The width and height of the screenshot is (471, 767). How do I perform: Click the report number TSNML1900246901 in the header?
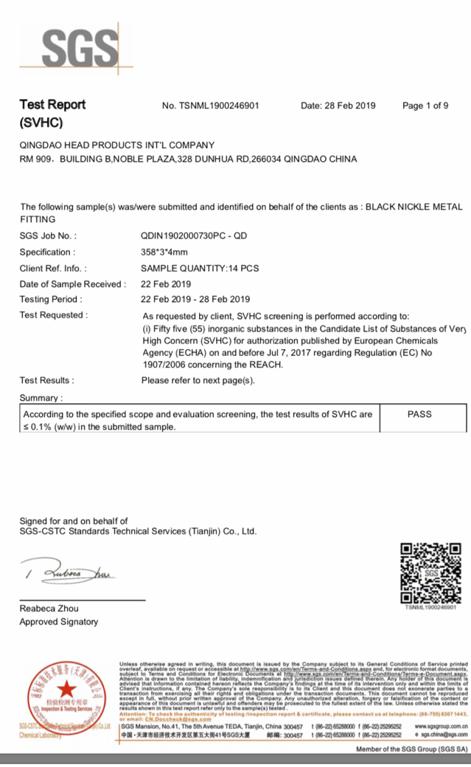coord(210,106)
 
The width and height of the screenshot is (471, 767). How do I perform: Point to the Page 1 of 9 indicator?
coord(425,106)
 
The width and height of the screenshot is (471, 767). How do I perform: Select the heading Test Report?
coord(52,105)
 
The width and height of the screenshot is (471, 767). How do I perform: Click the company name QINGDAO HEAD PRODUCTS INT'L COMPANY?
coord(116,145)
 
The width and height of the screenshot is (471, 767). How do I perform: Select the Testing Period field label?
coord(51,299)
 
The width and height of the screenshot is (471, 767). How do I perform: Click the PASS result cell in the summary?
coord(419,415)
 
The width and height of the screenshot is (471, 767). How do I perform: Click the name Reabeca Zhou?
coord(49,608)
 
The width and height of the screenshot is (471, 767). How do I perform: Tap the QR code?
coord(430,574)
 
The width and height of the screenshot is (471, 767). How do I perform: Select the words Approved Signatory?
coord(58,622)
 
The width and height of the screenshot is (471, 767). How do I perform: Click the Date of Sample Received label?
coord(72,283)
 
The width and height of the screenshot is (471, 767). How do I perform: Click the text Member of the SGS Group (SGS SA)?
coord(411,749)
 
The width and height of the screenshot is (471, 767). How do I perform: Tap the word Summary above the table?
coord(40,398)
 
